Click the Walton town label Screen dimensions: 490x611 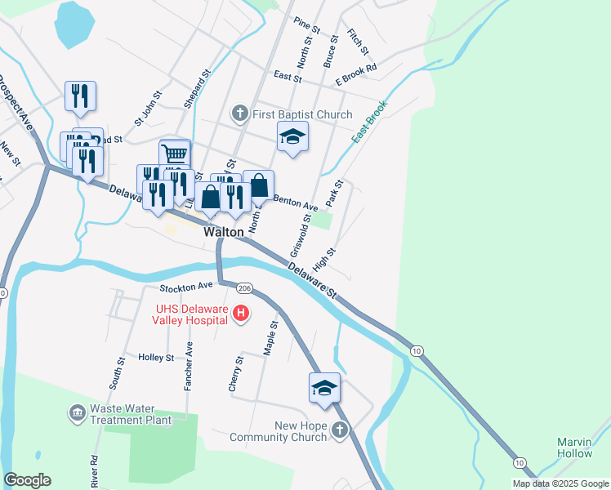click(224, 232)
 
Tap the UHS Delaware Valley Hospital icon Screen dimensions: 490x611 click(241, 313)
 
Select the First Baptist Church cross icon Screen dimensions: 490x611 click(240, 113)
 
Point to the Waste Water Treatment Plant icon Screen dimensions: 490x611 click(78, 413)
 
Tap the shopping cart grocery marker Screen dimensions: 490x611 click(174, 154)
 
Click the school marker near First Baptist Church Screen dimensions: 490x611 click(292, 137)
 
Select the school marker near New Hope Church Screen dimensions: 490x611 click(324, 388)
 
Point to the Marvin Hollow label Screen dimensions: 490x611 click(574, 448)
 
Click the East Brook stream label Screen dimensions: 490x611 click(368, 123)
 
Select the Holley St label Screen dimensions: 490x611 click(156, 358)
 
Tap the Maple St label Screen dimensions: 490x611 click(271, 337)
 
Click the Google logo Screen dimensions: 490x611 click(27, 480)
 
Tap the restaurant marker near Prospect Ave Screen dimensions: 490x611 click(81, 96)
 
